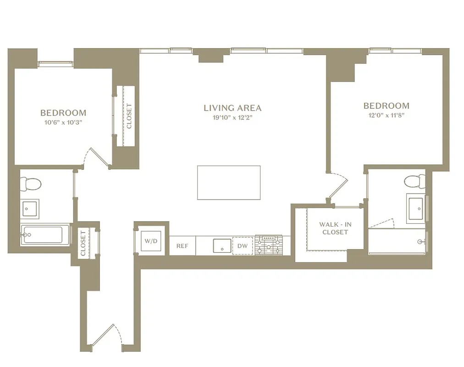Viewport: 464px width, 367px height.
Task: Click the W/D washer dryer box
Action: pyautogui.click(x=151, y=241)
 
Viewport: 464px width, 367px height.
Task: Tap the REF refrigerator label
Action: pyautogui.click(x=182, y=246)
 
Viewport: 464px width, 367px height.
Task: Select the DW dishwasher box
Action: pyautogui.click(x=243, y=246)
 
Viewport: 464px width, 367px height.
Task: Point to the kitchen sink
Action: pyautogui.click(x=222, y=245)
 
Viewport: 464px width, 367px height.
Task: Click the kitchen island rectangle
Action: pyautogui.click(x=229, y=183)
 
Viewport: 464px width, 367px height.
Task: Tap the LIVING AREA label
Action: pyautogui.click(x=232, y=108)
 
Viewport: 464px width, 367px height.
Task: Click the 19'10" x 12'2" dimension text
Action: pyautogui.click(x=232, y=117)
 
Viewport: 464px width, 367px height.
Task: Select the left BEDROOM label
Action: pyautogui.click(x=63, y=113)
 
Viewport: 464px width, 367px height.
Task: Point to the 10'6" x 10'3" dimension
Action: pyautogui.click(x=63, y=122)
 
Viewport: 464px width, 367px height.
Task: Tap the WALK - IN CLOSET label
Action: pyautogui.click(x=335, y=228)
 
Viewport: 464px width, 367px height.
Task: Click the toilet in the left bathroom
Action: pyautogui.click(x=32, y=183)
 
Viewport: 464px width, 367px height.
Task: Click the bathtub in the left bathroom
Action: pyautogui.click(x=44, y=235)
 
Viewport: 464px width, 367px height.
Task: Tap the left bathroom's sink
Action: pyautogui.click(x=31, y=209)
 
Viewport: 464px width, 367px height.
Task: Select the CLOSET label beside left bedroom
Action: pyautogui.click(x=129, y=116)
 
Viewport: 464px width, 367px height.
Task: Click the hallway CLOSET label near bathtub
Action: pyautogui.click(x=83, y=243)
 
